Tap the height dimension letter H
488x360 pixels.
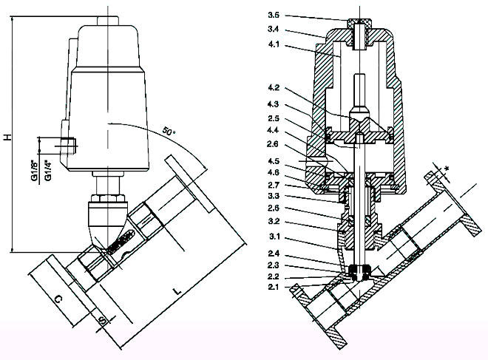coord(7,137)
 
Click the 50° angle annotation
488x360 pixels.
coord(169,132)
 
